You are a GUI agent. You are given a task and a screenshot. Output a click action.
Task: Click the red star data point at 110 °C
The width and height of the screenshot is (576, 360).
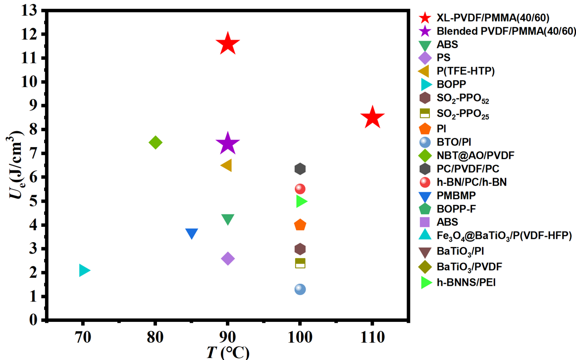tap(372, 118)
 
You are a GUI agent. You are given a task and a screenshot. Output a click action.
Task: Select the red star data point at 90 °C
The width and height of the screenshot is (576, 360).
tap(228, 44)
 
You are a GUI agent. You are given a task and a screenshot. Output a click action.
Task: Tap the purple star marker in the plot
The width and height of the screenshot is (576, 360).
tap(228, 144)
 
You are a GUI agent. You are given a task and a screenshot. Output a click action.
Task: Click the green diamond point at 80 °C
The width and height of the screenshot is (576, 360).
tap(156, 143)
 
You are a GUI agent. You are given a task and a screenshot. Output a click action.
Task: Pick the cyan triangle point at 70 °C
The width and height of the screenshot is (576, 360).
tap(84, 270)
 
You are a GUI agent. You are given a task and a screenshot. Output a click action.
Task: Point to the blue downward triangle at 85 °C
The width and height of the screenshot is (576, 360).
tap(192, 234)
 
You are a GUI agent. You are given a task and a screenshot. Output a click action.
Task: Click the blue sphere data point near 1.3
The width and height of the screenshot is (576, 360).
tap(300, 289)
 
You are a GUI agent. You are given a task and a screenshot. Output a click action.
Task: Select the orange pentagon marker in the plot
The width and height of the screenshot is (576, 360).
tap(300, 225)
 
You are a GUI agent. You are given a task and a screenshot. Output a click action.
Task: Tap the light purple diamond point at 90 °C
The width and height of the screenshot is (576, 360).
tap(228, 258)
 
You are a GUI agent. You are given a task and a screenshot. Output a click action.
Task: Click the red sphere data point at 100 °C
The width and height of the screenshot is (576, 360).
tap(300, 189)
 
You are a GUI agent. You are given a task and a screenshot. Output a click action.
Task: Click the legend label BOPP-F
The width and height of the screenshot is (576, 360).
tap(456, 209)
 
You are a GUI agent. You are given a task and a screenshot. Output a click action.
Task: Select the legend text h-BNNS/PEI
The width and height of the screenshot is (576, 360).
tap(466, 283)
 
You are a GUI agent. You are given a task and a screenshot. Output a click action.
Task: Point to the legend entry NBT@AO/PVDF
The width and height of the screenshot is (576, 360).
tap(475, 155)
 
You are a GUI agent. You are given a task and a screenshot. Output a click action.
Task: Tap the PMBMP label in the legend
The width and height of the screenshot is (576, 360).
tap(456, 196)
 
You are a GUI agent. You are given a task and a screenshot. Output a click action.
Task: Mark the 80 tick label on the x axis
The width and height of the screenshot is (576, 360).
tap(155, 338)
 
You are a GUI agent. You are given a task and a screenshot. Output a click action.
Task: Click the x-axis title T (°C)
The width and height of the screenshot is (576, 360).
tap(228, 353)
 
